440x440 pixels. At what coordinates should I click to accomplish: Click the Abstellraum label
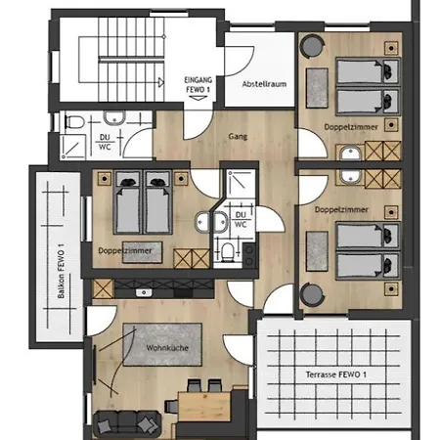(264, 84)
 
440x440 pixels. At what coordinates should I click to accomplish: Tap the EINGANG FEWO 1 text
(198, 84)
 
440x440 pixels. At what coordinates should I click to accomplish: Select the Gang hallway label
(238, 136)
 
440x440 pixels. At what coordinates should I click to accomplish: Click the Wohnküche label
(167, 348)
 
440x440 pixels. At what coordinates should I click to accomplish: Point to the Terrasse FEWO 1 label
(336, 374)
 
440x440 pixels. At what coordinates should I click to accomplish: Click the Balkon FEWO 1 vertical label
(61, 271)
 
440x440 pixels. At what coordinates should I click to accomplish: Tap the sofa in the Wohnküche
(127, 424)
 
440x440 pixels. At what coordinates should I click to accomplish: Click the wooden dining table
(204, 407)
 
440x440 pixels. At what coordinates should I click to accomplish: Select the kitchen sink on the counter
(144, 292)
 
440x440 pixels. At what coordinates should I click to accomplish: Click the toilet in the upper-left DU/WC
(74, 122)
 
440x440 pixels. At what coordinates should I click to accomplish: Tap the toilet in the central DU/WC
(228, 252)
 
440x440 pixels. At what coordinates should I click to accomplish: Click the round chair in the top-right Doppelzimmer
(312, 46)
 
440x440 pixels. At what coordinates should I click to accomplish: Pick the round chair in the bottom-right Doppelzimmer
(312, 295)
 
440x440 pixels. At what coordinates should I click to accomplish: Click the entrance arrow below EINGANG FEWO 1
(198, 98)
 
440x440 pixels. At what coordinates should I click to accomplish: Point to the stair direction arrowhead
(161, 82)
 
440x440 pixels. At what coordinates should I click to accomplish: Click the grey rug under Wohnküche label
(162, 344)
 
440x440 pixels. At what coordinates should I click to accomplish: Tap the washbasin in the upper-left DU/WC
(114, 117)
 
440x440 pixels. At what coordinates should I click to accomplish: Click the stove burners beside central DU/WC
(249, 256)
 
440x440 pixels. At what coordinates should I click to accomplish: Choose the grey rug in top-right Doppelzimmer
(317, 88)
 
